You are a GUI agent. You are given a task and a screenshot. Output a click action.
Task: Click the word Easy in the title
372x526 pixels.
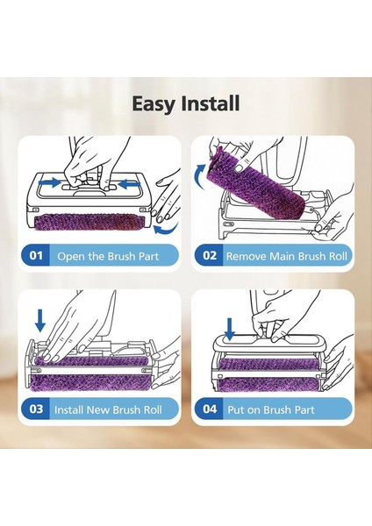[x=153, y=104]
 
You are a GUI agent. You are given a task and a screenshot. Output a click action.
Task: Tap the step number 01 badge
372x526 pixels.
[x=36, y=256]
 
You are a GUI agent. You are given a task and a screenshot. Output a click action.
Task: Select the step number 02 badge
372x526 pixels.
[x=210, y=256]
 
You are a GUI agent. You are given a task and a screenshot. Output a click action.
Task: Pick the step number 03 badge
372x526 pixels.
[x=36, y=409]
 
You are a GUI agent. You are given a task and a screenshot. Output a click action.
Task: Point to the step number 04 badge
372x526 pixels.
[x=210, y=409]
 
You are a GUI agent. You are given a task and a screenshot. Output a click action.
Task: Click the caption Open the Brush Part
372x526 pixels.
[x=108, y=256]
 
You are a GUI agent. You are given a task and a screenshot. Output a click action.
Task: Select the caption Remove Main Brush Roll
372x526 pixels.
[x=286, y=256]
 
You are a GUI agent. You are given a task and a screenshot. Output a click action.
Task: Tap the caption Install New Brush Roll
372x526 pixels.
[x=108, y=409]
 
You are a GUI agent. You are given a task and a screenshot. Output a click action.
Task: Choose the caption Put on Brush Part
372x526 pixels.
[x=271, y=409]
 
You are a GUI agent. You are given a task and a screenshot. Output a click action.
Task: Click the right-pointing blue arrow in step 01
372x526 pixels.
[x=49, y=183]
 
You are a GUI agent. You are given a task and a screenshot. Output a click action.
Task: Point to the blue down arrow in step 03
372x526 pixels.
[x=40, y=321]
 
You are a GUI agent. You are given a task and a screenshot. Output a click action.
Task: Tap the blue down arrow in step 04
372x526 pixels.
[x=230, y=330]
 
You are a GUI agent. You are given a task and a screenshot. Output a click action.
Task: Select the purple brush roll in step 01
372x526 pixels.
[x=89, y=223]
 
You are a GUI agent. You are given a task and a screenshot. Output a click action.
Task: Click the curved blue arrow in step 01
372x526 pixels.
[x=166, y=230]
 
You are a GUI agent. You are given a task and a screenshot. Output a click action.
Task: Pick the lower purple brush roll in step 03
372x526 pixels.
[x=90, y=383]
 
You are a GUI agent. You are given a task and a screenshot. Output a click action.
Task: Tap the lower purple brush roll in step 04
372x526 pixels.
[x=269, y=385]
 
